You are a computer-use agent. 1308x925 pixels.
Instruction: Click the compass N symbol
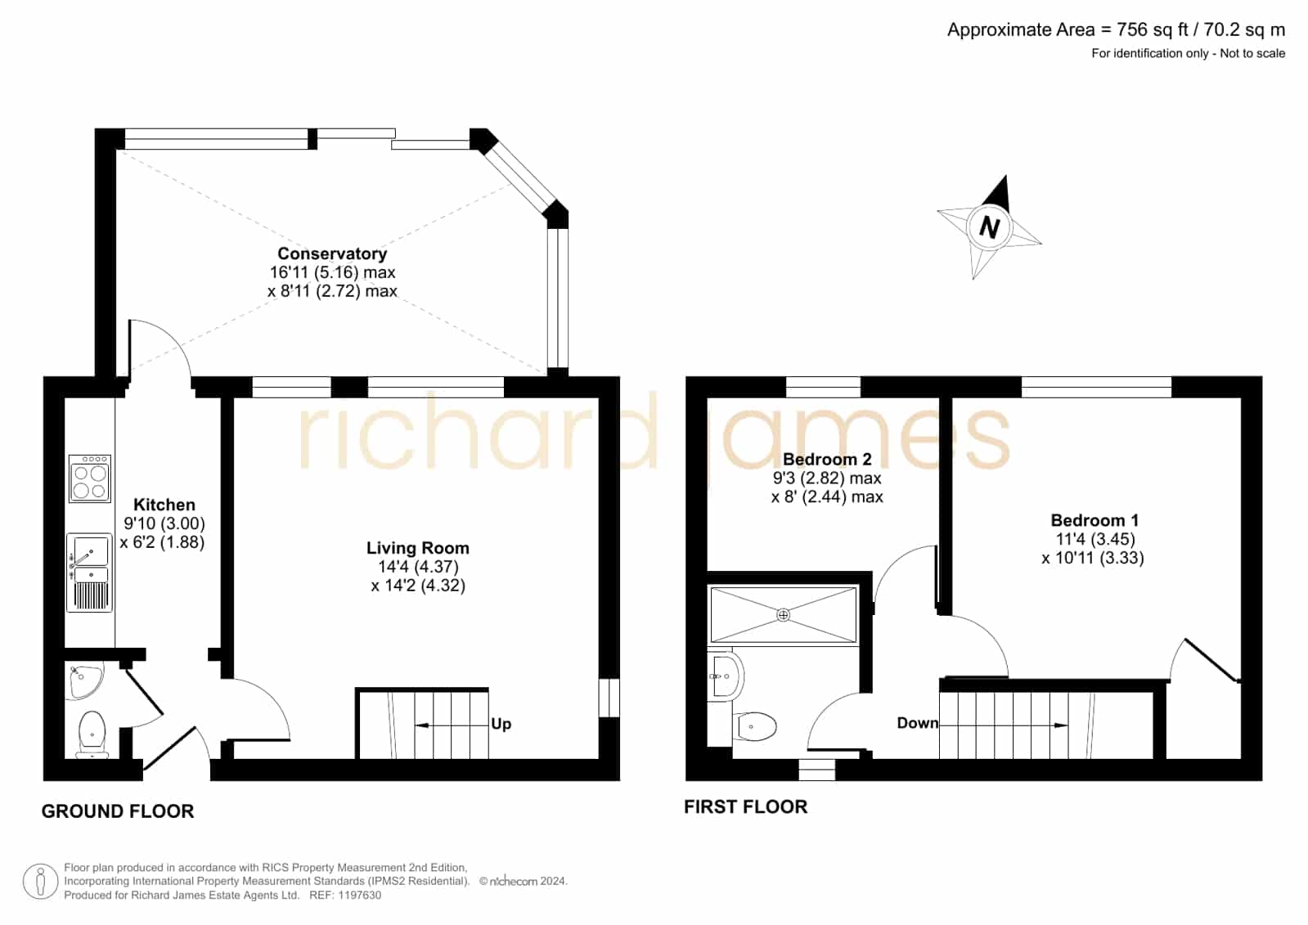coord(989,227)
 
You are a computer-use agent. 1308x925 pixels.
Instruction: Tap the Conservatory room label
coord(332,254)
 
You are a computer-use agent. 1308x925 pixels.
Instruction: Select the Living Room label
coord(418,548)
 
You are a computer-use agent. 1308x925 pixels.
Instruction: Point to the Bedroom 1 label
coord(1094,519)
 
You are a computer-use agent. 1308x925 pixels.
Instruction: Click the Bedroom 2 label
coord(827,459)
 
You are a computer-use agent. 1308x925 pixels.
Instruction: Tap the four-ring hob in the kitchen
coord(90,478)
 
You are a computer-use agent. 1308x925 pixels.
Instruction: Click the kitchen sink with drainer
coord(89,573)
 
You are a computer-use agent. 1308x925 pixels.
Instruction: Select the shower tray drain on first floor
coord(783,614)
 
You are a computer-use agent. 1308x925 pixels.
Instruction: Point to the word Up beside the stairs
coord(501,724)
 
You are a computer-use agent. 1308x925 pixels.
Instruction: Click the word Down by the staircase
coord(917,723)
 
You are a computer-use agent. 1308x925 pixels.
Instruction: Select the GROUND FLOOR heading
coord(117,811)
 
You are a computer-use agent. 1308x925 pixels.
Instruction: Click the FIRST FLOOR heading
coord(746,806)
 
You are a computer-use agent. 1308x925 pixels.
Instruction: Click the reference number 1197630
coord(362,896)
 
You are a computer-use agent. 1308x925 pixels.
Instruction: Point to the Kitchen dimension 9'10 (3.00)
coord(164,523)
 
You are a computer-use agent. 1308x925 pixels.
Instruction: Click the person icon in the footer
coord(40,881)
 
